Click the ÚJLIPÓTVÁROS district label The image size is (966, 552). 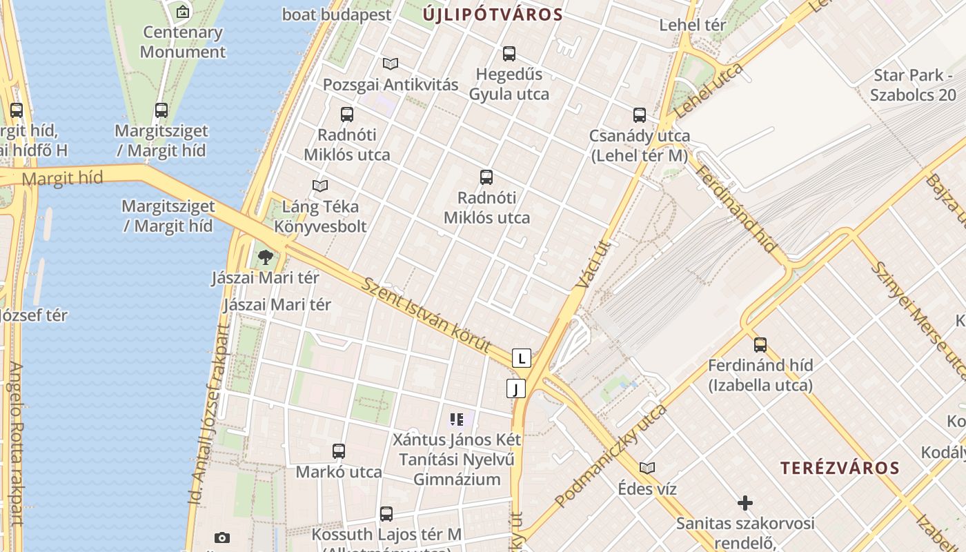(x=493, y=14)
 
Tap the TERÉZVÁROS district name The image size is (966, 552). (x=840, y=467)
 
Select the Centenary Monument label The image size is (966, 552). (x=183, y=41)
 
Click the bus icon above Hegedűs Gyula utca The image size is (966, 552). (x=509, y=53)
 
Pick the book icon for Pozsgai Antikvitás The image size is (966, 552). (x=391, y=63)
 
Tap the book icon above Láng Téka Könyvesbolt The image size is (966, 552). (x=319, y=186)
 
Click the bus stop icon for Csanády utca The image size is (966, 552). (x=640, y=115)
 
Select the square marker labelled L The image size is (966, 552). (x=522, y=358)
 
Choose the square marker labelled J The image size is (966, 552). (x=515, y=388)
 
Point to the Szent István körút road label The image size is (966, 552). (x=426, y=315)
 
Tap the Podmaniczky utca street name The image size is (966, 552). (x=610, y=455)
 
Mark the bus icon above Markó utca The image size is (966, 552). (x=338, y=451)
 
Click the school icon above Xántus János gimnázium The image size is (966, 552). (x=456, y=419)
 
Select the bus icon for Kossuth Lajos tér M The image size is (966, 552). (x=386, y=514)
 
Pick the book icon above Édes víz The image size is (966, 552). (x=647, y=468)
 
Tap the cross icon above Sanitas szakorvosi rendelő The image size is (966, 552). (x=745, y=502)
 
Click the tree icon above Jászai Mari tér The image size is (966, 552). (x=265, y=257)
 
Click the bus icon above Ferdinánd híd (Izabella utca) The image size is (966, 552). (x=760, y=344)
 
